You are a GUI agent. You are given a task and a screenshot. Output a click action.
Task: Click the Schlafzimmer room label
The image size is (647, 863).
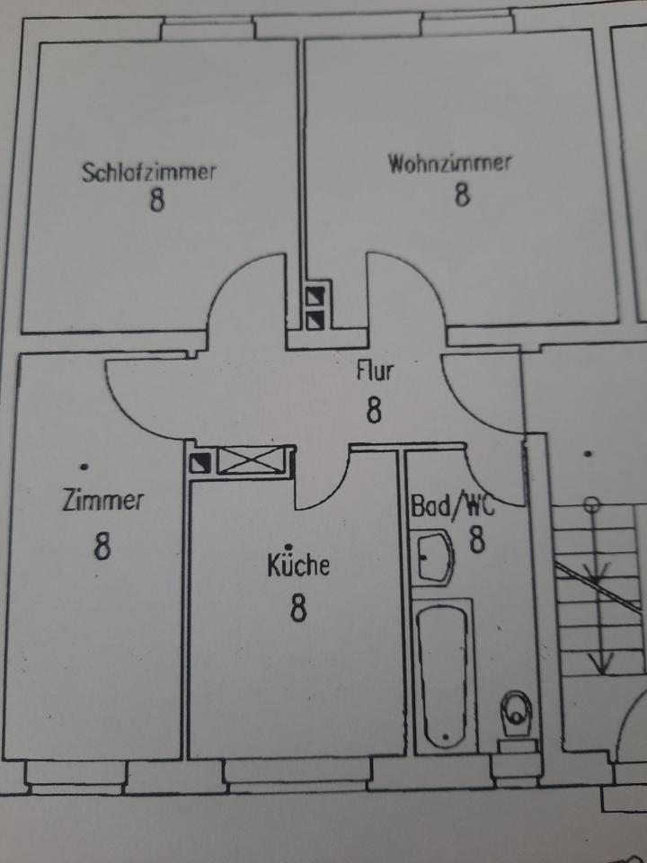pos(149,171)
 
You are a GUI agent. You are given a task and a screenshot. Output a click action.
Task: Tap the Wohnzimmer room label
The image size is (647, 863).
pos(450,164)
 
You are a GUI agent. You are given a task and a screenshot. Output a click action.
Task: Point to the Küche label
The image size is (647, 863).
pos(298,565)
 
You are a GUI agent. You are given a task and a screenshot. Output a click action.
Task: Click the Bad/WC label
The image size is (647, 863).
pos(452,505)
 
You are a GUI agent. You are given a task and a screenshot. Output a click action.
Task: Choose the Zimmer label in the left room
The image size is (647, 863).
pos(102,501)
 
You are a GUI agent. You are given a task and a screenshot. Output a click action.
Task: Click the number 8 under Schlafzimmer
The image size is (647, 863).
pos(157,200)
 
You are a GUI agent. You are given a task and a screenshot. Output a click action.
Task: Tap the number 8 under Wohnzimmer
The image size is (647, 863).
pos(461,194)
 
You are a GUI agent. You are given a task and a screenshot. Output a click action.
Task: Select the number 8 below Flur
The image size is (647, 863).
pos(375,411)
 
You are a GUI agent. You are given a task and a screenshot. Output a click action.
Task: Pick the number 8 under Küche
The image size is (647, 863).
pos(298,609)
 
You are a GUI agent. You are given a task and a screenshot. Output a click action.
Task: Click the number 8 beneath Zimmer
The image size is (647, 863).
pos(102,546)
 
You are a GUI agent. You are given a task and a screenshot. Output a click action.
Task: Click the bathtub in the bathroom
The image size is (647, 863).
pos(445,674)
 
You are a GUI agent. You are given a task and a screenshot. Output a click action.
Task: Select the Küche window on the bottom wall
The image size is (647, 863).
pos(297,771)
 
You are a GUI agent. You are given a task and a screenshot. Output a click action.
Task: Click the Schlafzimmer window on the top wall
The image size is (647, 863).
pos(207,29)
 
